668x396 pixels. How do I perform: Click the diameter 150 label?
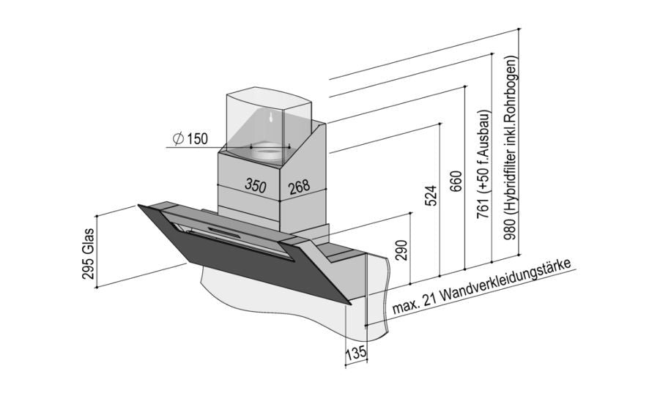pos(190,139)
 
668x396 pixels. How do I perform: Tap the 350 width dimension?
pos(256,185)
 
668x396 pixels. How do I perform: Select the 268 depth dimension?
pos(300,187)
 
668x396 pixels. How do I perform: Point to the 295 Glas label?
pos(88,253)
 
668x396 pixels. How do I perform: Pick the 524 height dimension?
pos(431,195)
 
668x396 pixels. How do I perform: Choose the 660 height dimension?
pos(456,182)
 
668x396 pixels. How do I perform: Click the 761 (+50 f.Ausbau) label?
pos(484,163)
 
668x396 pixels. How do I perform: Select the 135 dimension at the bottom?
pos(355,352)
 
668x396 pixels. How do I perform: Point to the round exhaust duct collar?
pos(267,152)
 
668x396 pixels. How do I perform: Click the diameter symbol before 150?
pos(179,139)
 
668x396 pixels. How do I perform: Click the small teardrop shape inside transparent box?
pos(270,116)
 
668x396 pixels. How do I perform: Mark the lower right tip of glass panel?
pos(351,305)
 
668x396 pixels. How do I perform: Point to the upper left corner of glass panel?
pos(138,205)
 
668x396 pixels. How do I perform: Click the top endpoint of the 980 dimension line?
pos(519,29)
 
